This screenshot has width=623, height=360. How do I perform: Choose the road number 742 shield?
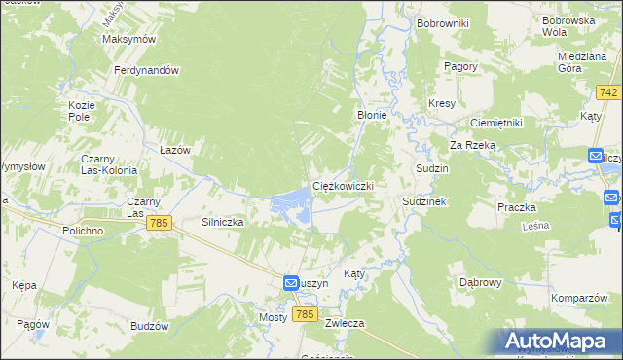[609, 91]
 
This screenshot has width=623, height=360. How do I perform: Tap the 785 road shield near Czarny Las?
[162, 223]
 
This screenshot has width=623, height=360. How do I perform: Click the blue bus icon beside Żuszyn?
[291, 282]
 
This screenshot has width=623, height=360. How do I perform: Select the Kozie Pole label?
[80, 110]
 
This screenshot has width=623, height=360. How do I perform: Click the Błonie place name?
[372, 115]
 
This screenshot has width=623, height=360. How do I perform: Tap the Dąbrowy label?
[480, 282]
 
